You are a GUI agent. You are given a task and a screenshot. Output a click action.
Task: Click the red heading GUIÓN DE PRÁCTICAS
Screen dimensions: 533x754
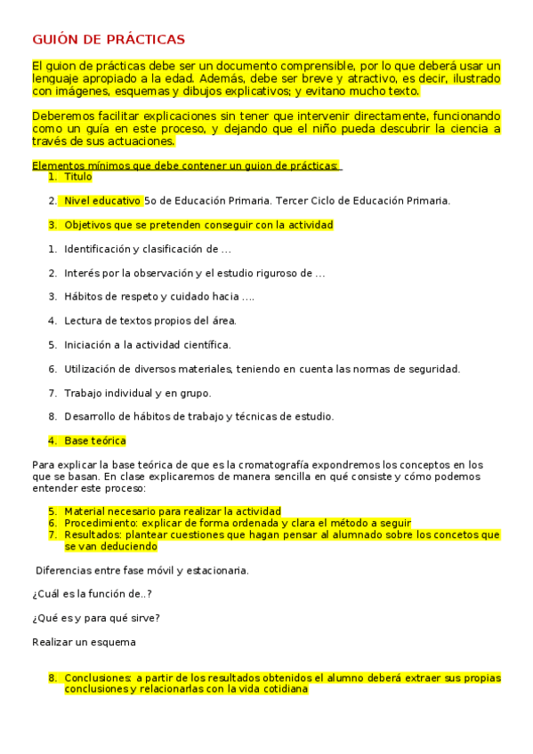click(109, 39)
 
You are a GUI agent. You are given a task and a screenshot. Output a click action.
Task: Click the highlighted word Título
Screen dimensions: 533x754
click(77, 177)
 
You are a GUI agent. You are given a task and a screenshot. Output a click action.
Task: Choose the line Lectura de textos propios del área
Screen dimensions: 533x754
click(149, 320)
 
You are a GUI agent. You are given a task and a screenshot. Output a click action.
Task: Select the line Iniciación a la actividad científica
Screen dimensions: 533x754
click(147, 344)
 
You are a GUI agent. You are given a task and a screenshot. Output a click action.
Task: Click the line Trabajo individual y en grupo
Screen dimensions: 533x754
click(137, 392)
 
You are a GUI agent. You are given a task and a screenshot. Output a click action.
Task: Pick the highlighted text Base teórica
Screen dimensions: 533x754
click(94, 440)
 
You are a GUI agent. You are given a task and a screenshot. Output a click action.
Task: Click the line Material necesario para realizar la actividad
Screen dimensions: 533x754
click(172, 511)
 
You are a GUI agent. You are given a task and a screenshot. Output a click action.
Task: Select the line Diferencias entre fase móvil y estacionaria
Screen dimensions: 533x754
click(141, 570)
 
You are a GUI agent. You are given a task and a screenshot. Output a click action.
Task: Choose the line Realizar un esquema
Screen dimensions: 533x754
click(84, 642)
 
